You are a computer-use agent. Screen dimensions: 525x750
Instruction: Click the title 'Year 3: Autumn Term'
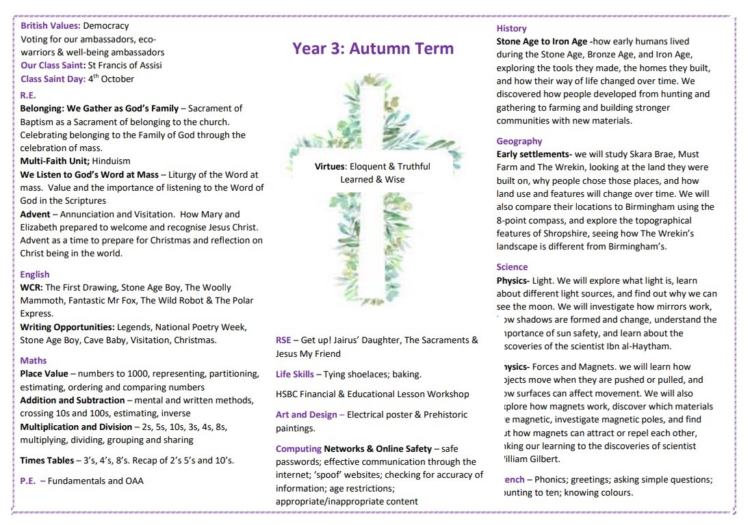pyautogui.click(x=373, y=49)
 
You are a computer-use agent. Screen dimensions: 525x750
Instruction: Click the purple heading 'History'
pyautogui.click(x=511, y=29)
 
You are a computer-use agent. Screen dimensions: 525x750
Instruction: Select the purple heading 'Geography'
pyautogui.click(x=519, y=141)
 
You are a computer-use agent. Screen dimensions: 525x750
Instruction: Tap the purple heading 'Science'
pyautogui.click(x=512, y=267)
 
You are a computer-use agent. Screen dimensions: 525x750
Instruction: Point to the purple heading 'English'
pyautogui.click(x=35, y=274)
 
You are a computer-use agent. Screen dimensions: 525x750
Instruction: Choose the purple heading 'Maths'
pyautogui.click(x=34, y=360)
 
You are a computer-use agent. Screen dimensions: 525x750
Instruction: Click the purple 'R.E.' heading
pyautogui.click(x=28, y=95)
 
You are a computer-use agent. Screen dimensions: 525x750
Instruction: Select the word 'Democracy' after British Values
pyautogui.click(x=105, y=26)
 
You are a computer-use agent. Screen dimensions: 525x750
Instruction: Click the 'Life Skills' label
pyautogui.click(x=295, y=374)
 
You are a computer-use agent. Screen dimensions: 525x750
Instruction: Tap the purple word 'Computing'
pyautogui.click(x=298, y=448)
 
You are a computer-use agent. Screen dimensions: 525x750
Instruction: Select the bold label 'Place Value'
pyautogui.click(x=44, y=373)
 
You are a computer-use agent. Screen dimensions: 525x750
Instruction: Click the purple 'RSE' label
pyautogui.click(x=283, y=340)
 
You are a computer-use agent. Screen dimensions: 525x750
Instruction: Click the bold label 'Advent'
pyautogui.click(x=35, y=214)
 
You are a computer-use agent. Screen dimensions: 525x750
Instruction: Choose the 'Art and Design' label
pyautogui.click(x=306, y=414)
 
